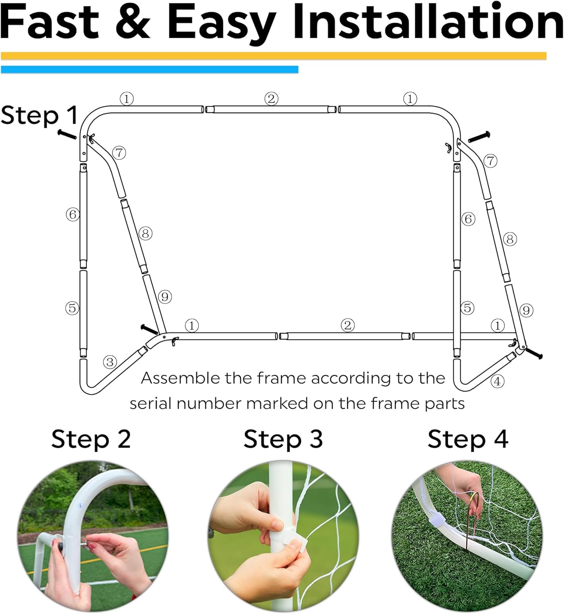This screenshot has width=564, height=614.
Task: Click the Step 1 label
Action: coord(39,115)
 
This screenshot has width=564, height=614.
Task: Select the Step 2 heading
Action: coord(91,439)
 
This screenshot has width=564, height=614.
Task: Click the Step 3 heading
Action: coord(283,439)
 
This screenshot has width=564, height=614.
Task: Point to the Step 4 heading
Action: coord(467,439)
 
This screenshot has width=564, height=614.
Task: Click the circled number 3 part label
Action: coord(110,362)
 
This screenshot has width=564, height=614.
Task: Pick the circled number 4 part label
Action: coord(497,381)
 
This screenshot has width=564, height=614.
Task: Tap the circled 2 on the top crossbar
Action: coord(271,99)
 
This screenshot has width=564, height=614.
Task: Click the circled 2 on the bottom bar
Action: coord(348,325)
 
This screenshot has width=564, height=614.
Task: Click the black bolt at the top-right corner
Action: coord(479,137)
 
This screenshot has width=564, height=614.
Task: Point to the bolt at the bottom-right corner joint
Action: coord(534,352)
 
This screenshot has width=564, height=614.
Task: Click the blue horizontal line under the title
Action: coord(149,70)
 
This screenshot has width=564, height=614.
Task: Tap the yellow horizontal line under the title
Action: coord(273,56)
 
